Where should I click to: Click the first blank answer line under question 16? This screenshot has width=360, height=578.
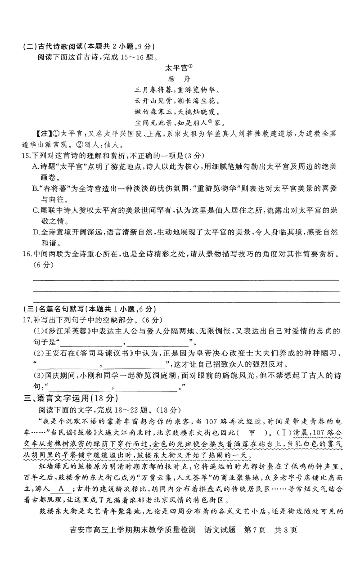[184, 279]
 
